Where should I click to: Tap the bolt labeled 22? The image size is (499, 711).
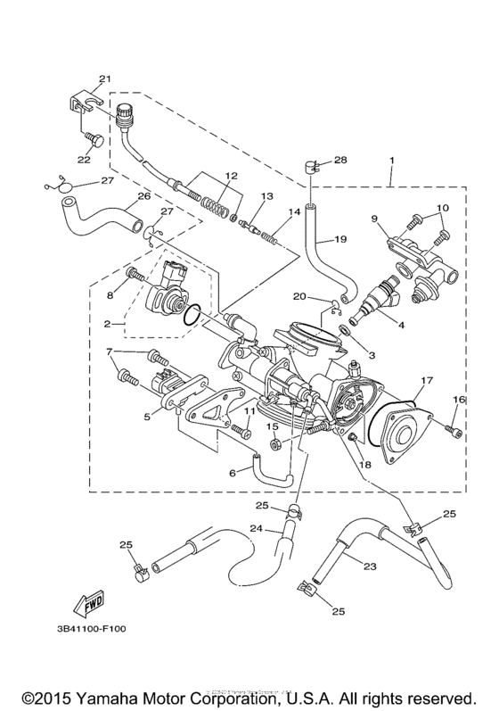click(x=91, y=140)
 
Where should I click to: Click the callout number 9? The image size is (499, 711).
click(x=374, y=218)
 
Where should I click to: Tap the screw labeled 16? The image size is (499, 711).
click(x=455, y=434)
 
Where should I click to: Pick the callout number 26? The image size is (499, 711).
click(x=143, y=196)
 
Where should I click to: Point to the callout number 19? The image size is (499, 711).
click(x=339, y=239)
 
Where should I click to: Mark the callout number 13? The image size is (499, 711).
click(x=266, y=195)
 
